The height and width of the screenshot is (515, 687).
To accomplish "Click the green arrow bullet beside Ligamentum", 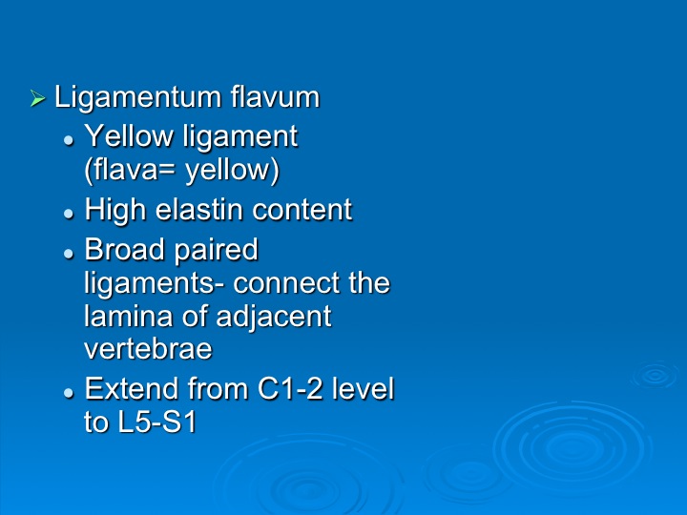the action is pos(37,98).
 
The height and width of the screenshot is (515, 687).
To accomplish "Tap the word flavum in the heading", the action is pos(275,96).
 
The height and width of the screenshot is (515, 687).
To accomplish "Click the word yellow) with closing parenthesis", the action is pos(232,171).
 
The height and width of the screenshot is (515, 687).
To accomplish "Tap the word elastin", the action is pos(199,210).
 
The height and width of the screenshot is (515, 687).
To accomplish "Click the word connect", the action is pos(286,284).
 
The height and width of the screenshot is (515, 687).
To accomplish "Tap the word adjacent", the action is pos(274,318).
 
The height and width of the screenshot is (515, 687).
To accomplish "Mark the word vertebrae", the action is pos(148,349).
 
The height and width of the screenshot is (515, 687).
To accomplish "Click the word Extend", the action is pos(132,388).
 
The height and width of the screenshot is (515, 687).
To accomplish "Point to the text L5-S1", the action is pos(157,422).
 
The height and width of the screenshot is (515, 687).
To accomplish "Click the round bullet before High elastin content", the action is pos(69,215).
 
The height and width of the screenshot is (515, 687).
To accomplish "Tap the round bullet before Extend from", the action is pos(69,392).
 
